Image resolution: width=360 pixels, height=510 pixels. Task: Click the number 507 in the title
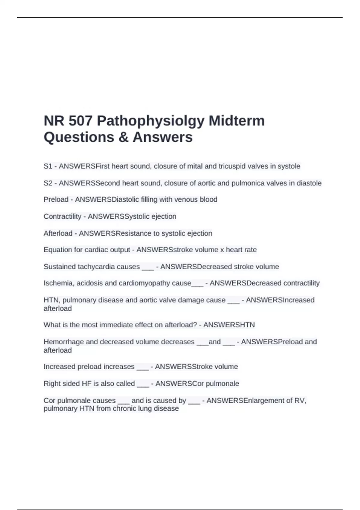pos(80,121)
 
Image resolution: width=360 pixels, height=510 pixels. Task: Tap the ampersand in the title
pos(123,137)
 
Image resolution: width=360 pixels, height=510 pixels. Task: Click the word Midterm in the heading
pos(237,121)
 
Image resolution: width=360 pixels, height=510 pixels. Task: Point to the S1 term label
pos(48,166)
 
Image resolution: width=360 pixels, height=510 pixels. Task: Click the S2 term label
pos(48,183)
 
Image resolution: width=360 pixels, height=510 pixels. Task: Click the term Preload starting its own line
pos(56,199)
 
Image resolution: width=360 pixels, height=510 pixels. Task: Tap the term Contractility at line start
pos(62,216)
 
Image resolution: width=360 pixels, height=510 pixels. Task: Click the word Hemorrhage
pos(64,342)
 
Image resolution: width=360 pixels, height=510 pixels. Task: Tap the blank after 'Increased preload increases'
pos(142,367)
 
